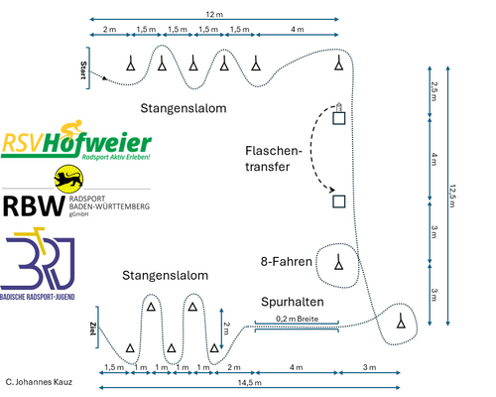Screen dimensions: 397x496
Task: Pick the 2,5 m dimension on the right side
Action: pos(434,90)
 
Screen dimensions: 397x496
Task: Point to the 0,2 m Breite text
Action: pos(295,318)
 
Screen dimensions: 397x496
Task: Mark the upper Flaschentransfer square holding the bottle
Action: pos(339,115)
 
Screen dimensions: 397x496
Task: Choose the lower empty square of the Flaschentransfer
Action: pos(339,201)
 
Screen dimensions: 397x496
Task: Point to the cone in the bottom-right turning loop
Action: pos(400,321)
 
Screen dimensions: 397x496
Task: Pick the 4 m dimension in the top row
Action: pos(299,30)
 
